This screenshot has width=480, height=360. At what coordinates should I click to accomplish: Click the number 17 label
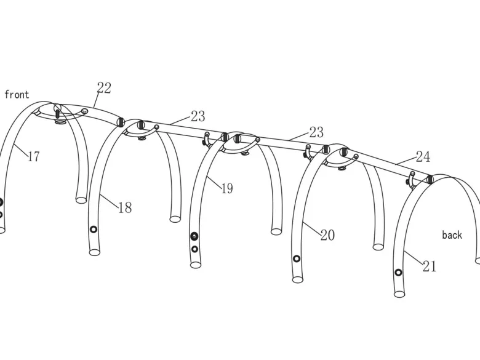pos(34,156)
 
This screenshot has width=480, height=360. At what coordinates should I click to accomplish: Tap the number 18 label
pos(125,207)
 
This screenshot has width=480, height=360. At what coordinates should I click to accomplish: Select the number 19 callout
pos(227,188)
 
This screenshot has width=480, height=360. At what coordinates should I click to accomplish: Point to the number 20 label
pos(327,235)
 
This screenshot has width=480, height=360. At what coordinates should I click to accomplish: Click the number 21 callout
pos(430,266)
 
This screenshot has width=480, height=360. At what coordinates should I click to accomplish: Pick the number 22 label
pos(104,88)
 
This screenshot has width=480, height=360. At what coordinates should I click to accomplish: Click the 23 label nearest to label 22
pos(198,116)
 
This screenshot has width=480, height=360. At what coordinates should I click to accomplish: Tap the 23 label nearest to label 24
pos(316,132)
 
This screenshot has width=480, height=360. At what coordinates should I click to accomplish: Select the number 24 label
pos(423,157)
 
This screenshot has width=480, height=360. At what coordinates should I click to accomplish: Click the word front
pos(17,94)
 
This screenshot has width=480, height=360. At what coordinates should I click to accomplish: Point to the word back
pos(452,235)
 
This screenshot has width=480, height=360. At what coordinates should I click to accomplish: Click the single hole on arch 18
pos(94,230)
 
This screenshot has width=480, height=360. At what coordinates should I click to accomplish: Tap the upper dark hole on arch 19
pos(194,236)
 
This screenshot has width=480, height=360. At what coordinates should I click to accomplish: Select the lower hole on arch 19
pos(194,249)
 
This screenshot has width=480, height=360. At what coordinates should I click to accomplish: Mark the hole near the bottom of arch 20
pos(297,259)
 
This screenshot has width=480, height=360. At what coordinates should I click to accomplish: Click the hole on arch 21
pos(398,273)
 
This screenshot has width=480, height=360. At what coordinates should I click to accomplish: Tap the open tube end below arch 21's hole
pos(399,294)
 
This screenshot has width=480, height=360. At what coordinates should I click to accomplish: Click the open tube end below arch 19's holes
pos(196,265)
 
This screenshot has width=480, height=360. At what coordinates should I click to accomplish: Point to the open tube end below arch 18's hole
pos(95,252)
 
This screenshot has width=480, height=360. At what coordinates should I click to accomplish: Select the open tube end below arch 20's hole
pos(298,279)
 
